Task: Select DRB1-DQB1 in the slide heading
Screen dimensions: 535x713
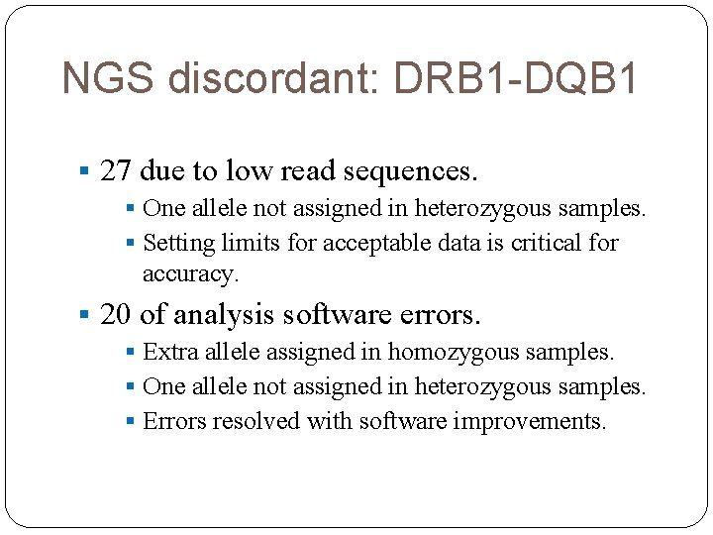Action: (517, 78)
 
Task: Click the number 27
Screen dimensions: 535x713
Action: (116, 171)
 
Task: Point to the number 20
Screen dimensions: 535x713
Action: (116, 315)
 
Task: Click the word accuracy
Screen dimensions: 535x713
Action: (190, 272)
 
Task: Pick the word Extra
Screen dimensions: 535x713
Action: (169, 352)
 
